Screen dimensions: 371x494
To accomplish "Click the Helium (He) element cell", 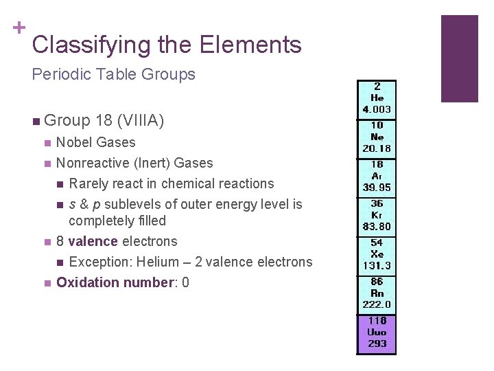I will pyautogui.click(x=377, y=99).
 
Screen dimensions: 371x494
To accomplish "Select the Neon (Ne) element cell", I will pyautogui.click(x=377, y=137).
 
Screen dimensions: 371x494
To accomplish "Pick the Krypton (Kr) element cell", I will pyautogui.click(x=377, y=216).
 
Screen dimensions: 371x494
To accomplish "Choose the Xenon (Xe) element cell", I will pyautogui.click(x=377, y=255).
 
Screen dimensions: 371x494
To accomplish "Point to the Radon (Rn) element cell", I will pyautogui.click(x=377, y=294).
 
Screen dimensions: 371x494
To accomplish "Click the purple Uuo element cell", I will pyautogui.click(x=377, y=333).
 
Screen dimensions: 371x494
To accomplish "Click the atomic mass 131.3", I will pyautogui.click(x=377, y=266).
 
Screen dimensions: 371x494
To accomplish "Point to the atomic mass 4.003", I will pyautogui.click(x=377, y=109).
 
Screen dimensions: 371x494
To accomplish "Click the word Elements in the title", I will pyautogui.click(x=250, y=45).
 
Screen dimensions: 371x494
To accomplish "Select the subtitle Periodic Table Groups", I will pyautogui.click(x=114, y=74).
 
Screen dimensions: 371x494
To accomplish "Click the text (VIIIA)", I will pyautogui.click(x=141, y=122).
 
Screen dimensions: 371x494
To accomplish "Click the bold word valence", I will pyautogui.click(x=93, y=241).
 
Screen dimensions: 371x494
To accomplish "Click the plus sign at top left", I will pyautogui.click(x=19, y=27).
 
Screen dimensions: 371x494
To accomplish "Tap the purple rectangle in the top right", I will pyautogui.click(x=459, y=58).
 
